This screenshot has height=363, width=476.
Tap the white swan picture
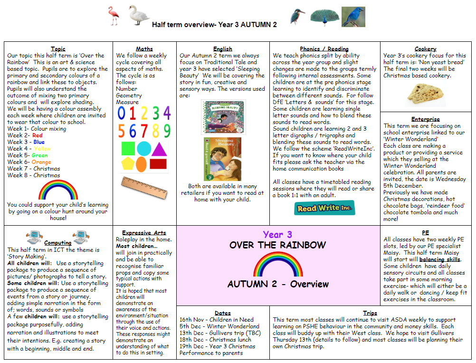pyautogui.click(x=139, y=15)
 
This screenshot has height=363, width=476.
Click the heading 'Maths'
pyautogui.click(x=144, y=49)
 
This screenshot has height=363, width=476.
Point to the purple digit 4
pyautogui.click(x=166, y=113)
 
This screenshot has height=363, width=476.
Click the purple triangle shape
pyautogui.click(x=159, y=149)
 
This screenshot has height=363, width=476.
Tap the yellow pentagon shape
pyautogui.click(x=127, y=164)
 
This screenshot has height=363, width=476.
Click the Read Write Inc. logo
pyautogui.click(x=324, y=208)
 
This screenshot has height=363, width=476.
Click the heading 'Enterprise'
pyautogui.click(x=426, y=119)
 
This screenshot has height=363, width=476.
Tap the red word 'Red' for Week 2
pyautogui.click(x=38, y=135)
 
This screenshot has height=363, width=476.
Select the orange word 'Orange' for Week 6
pyautogui.click(x=41, y=162)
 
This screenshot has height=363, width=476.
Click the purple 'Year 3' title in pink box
pyautogui.click(x=277, y=234)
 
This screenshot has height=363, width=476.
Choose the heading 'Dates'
pyautogui.click(x=223, y=313)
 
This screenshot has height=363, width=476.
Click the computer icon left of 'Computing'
pyautogui.click(x=33, y=237)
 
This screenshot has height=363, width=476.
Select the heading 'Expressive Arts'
pyautogui.click(x=144, y=233)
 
